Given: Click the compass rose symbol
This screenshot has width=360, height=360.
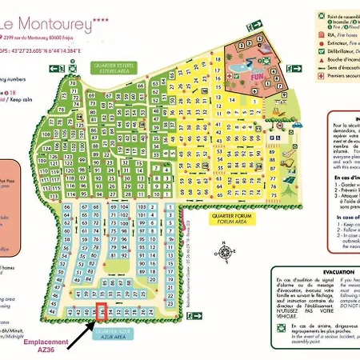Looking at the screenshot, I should (x=226, y=254).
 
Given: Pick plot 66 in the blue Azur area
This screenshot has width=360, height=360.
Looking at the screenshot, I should (x=67, y=208).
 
